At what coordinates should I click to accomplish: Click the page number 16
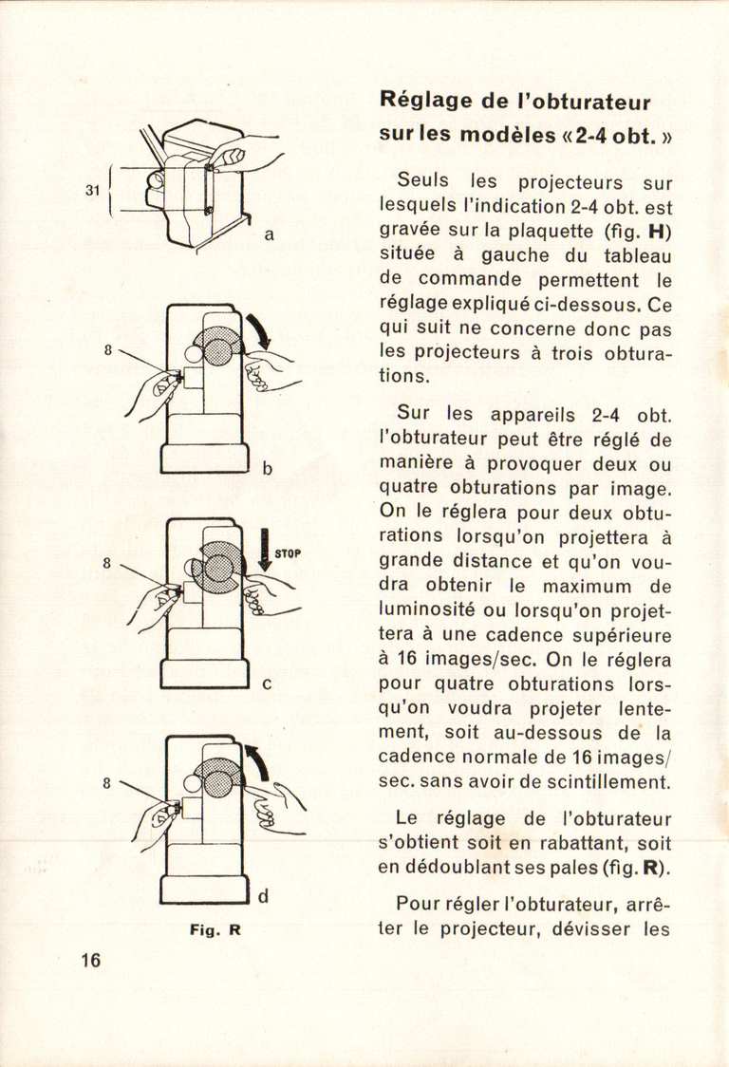(90, 960)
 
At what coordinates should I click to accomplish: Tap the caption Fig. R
(215, 930)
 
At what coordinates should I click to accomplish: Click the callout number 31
(92, 190)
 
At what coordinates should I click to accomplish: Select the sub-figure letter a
(269, 234)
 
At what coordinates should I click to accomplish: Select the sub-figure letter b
(268, 467)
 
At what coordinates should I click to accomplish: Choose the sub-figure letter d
(263, 895)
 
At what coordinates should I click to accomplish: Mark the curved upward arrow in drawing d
(257, 762)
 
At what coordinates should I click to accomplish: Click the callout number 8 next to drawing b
(107, 349)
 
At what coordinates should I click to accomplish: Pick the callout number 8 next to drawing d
(107, 783)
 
